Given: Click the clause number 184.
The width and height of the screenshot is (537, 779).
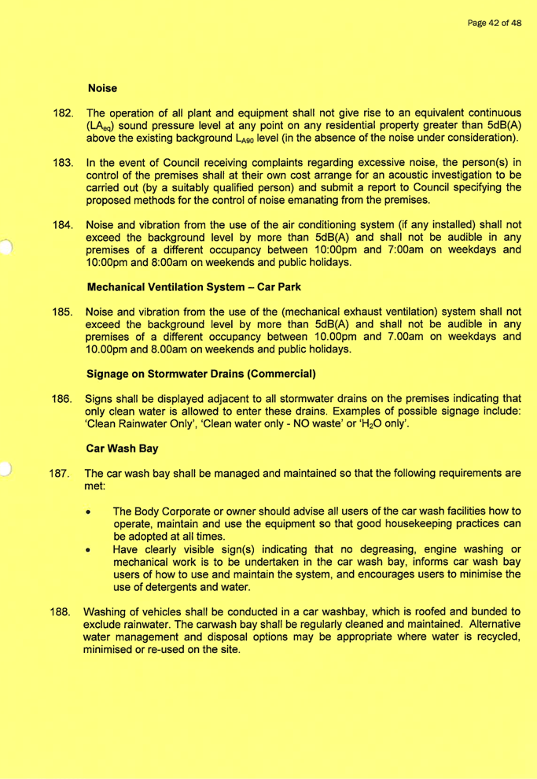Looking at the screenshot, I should coord(63,227).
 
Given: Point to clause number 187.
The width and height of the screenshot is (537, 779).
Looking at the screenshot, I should coord(63,474).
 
